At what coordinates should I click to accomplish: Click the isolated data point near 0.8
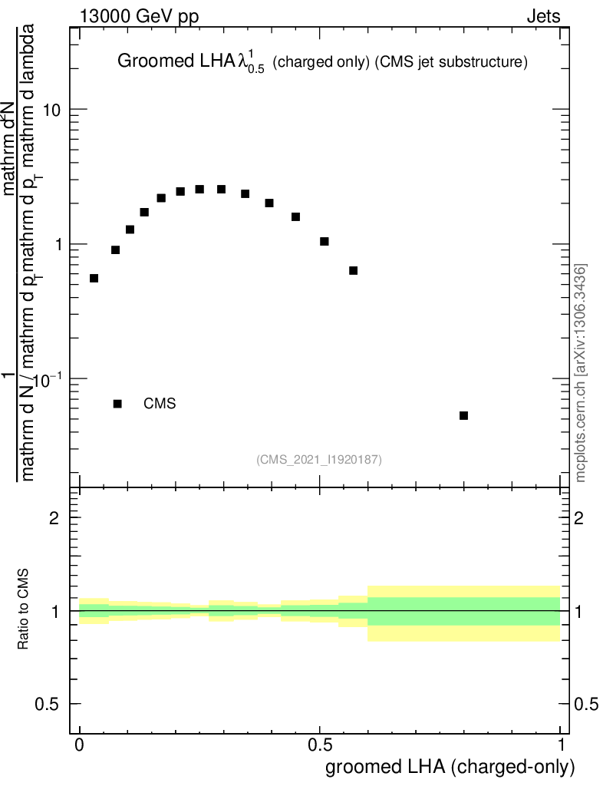[x=463, y=415]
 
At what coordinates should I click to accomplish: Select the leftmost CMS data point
[x=94, y=278]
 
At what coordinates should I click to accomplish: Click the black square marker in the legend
[x=117, y=404]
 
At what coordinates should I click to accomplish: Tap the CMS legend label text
[x=160, y=404]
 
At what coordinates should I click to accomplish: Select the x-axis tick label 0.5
[x=320, y=745]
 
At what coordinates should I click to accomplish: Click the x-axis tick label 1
[x=561, y=745]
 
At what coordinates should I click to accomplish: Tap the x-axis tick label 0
[x=80, y=745]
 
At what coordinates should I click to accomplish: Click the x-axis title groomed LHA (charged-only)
[x=450, y=766]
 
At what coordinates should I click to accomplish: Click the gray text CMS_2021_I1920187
[x=319, y=459]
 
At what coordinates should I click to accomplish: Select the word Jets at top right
[x=543, y=16]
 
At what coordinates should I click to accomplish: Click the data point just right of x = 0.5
[x=325, y=241]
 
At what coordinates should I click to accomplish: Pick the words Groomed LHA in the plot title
[x=161, y=62]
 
